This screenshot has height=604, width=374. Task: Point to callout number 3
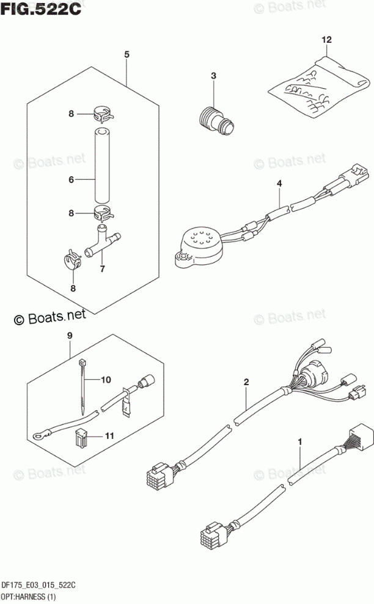(214, 76)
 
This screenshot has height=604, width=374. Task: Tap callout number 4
(279, 184)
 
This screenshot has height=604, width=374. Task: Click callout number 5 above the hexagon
(127, 56)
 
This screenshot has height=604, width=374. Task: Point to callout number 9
(70, 336)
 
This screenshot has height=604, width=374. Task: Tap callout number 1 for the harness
(300, 441)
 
